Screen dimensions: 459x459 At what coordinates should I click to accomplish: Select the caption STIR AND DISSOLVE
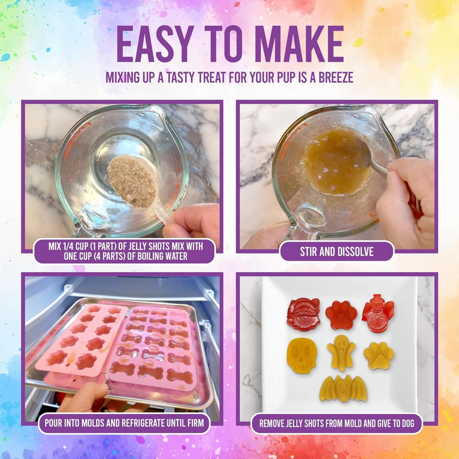pos(336,252)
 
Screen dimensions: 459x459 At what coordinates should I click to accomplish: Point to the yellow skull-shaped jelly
pos(302,354)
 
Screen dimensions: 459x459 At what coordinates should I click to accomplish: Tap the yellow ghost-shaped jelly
pos(342,352)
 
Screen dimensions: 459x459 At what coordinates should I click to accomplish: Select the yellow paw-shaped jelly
pos(379,355)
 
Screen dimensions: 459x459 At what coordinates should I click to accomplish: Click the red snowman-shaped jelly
pos(378,314)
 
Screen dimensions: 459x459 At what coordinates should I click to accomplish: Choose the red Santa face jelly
pos(303,314)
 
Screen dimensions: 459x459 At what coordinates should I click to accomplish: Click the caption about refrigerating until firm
pos(124,422)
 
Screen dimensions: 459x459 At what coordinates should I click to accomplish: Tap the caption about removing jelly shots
pos(337,423)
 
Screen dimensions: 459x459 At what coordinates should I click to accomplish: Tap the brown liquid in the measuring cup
pos(337,161)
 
